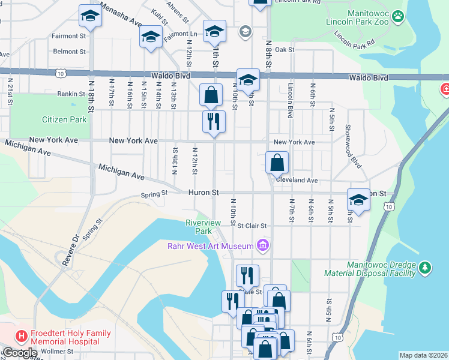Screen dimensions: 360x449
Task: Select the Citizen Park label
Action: pyautogui.click(x=64, y=119)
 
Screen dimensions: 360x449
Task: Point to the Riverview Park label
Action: pyautogui.click(x=203, y=227)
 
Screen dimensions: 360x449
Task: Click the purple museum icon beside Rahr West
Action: pyautogui.click(x=262, y=245)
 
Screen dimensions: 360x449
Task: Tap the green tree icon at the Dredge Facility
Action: pyautogui.click(x=425, y=267)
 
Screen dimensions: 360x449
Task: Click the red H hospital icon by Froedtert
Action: pyautogui.click(x=22, y=337)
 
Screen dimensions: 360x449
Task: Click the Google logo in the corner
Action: pyautogui.click(x=19, y=353)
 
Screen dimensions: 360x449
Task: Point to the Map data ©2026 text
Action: pyautogui.click(x=423, y=355)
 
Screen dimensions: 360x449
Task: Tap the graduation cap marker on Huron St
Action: pyautogui.click(x=358, y=199)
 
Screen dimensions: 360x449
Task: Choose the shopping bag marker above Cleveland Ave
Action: pyautogui.click(x=277, y=162)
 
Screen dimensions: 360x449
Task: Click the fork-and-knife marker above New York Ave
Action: pyautogui.click(x=214, y=121)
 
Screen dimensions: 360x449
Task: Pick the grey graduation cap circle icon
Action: pyautogui.click(x=245, y=31)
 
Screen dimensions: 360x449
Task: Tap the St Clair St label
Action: pyautogui.click(x=252, y=226)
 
